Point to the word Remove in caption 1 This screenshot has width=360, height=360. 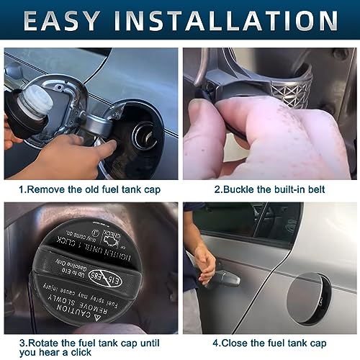point(50,189)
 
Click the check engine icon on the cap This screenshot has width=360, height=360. point(114,237)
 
